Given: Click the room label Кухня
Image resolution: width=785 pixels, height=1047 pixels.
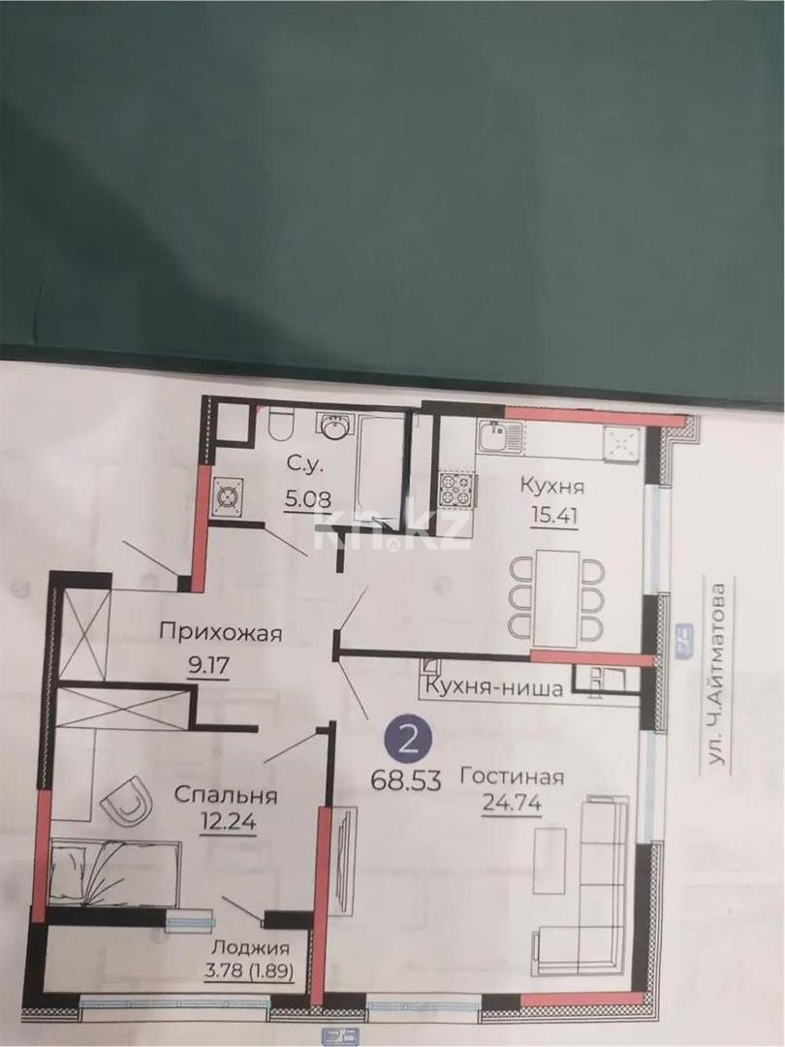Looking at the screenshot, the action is [x=551, y=486].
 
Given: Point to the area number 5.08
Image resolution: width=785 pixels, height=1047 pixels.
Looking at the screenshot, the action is [x=308, y=499].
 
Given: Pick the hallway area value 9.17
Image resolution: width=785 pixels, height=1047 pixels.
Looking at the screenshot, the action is [x=207, y=664].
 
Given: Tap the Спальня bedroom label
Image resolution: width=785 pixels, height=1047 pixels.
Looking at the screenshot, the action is [x=226, y=795].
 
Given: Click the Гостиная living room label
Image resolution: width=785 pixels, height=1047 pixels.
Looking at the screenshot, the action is [x=513, y=777].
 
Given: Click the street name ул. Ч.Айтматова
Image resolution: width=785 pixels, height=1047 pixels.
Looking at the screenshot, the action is [x=719, y=676].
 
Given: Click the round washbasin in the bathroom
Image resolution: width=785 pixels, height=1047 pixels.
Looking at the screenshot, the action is [x=334, y=428].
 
